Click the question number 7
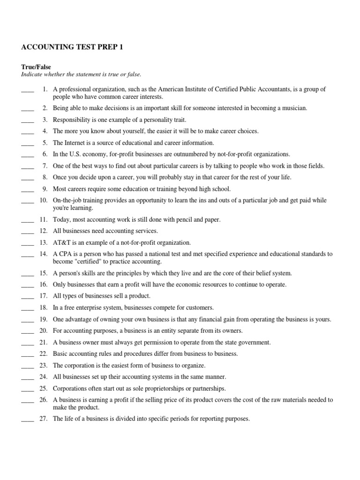tap(45, 166)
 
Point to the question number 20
tap(44, 331)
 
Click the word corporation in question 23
tap(80, 365)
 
